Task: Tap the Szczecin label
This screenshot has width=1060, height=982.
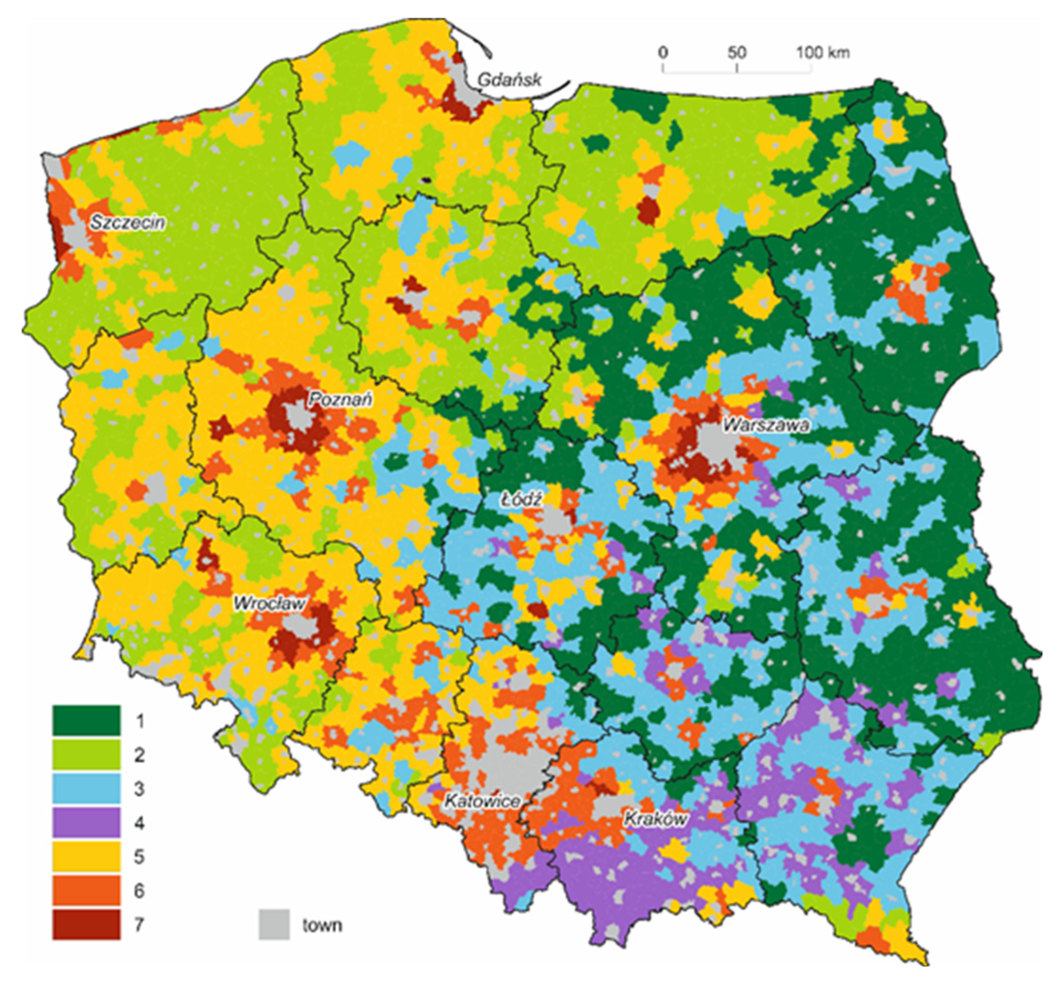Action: coord(127,223)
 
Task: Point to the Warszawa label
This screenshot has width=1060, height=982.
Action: coord(765,425)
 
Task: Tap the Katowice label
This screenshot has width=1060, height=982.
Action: coord(482,800)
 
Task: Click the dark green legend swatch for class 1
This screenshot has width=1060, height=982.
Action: coord(86,721)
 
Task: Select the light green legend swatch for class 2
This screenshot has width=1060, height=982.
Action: coord(86,754)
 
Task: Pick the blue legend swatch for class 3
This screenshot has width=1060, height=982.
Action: coord(86,788)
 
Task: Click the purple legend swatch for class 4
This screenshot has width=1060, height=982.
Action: coord(86,822)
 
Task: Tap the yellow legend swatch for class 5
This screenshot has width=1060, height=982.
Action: coord(86,856)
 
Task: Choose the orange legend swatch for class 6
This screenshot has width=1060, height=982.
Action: coord(86,891)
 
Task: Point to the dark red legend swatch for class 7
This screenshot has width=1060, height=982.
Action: coord(86,925)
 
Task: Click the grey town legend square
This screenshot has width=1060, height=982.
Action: coord(274,925)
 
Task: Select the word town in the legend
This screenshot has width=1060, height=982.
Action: coord(322,925)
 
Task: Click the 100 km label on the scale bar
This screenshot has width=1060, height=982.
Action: coord(822,53)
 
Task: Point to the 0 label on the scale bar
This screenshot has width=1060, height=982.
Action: coord(663,53)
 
